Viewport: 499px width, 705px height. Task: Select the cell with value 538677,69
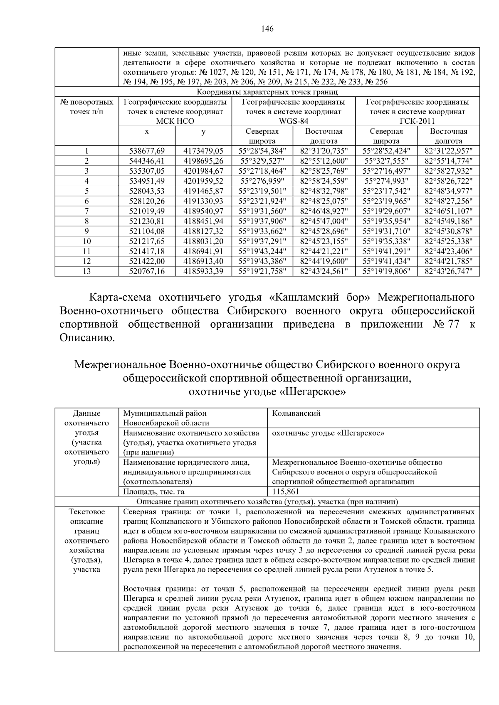coord(147,151)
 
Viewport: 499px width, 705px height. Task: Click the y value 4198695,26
coord(203,161)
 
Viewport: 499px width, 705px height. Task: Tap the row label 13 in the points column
coord(86,271)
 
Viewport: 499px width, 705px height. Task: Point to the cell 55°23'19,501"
coord(262,191)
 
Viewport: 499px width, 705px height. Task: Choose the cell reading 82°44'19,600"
coord(324,261)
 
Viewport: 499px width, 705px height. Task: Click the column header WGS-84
coord(293,121)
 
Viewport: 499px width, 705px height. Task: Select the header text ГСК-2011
coord(417,121)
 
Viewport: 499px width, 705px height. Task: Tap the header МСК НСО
coord(175,121)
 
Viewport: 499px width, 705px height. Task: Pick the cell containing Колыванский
coord(296,413)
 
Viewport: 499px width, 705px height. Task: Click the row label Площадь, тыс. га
coord(153,491)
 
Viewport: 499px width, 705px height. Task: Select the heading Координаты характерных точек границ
coord(267,92)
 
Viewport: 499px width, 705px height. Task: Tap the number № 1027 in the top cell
coord(214,72)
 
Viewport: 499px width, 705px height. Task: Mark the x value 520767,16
coord(147,271)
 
